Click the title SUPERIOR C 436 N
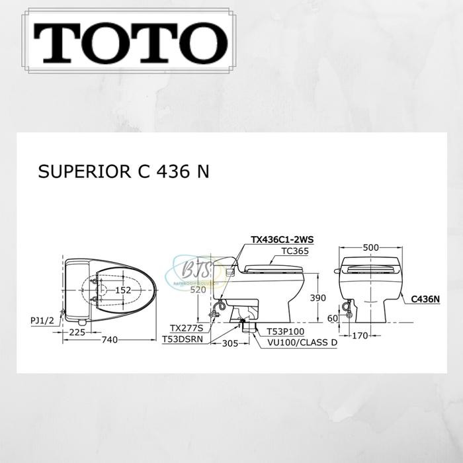[x=125, y=172]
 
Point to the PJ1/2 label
[x=42, y=319]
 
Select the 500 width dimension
[x=370, y=247]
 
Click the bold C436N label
[x=425, y=299]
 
